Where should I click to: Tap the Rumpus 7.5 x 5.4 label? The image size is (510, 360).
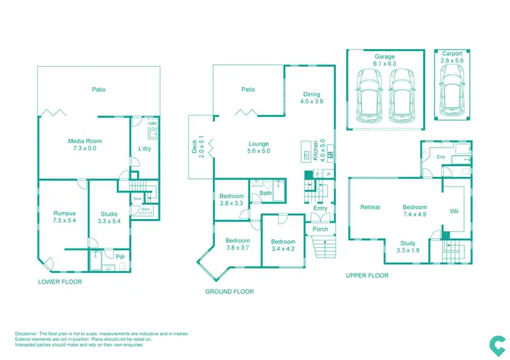pyautogui.click(x=65, y=217)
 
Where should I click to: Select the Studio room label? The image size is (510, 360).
pyautogui.click(x=109, y=218)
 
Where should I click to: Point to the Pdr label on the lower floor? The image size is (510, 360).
pyautogui.click(x=120, y=257)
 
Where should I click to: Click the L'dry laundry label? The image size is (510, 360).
pyautogui.click(x=144, y=149)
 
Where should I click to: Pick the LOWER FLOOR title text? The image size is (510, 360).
pyautogui.click(x=60, y=280)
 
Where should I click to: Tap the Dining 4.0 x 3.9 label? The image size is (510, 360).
pyautogui.click(x=311, y=98)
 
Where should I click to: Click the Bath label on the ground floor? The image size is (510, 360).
pyautogui.click(x=265, y=193)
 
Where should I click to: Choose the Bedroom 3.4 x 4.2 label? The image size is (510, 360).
pyautogui.click(x=283, y=245)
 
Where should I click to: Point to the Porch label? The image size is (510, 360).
pyautogui.click(x=320, y=229)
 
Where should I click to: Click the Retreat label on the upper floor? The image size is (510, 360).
pyautogui.click(x=370, y=207)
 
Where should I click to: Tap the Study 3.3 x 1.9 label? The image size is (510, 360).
pyautogui.click(x=407, y=246)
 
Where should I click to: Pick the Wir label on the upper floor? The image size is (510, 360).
pyautogui.click(x=454, y=211)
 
